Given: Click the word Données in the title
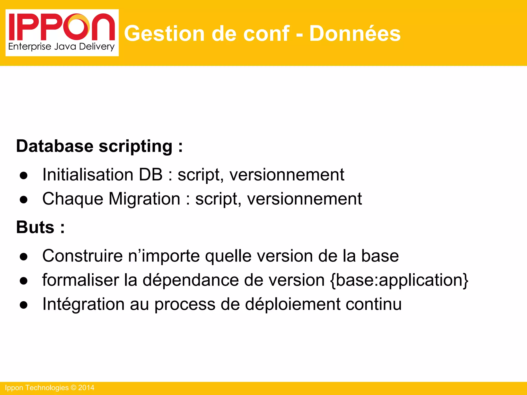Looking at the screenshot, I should pyautogui.click(x=355, y=33).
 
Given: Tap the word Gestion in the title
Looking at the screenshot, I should pyautogui.click(x=164, y=33).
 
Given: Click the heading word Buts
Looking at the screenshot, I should pyautogui.click(x=35, y=227).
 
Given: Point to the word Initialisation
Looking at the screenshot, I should pyautogui.click(x=88, y=175).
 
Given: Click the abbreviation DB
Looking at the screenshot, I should pyautogui.click(x=151, y=175).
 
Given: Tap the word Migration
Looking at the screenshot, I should pyautogui.click(x=144, y=199).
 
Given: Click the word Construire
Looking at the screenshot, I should pyautogui.click(x=82, y=256).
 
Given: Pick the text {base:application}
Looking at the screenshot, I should pyautogui.click(x=399, y=280).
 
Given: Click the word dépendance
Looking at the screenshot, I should pyautogui.click(x=190, y=280).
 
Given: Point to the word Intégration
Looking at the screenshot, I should pyautogui.click(x=83, y=304).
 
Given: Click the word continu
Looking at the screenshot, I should pyautogui.click(x=373, y=304).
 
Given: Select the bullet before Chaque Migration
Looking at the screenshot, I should pyautogui.click(x=23, y=200).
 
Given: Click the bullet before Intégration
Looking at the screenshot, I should pyautogui.click(x=23, y=305).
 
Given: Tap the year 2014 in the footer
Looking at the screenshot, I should pyautogui.click(x=86, y=388).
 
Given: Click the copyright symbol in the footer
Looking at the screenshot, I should pyautogui.click(x=73, y=388).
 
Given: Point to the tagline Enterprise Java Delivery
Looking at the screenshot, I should pyautogui.click(x=61, y=47).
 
